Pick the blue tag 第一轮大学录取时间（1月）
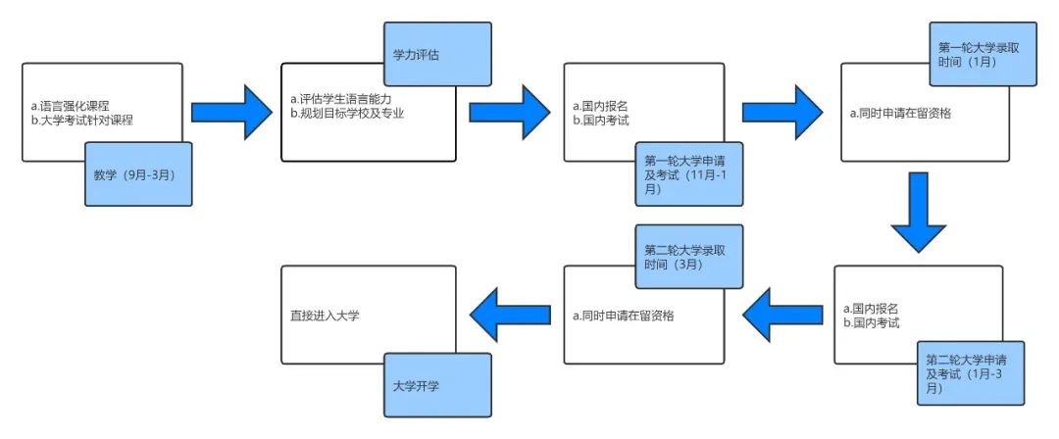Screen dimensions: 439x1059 click(982, 55)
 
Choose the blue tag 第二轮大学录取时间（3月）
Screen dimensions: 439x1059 click(685, 257)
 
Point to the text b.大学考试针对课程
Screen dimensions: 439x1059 click(81, 120)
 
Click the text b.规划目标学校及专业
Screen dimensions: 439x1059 click(348, 113)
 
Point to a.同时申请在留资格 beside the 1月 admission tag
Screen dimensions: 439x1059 click(901, 113)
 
